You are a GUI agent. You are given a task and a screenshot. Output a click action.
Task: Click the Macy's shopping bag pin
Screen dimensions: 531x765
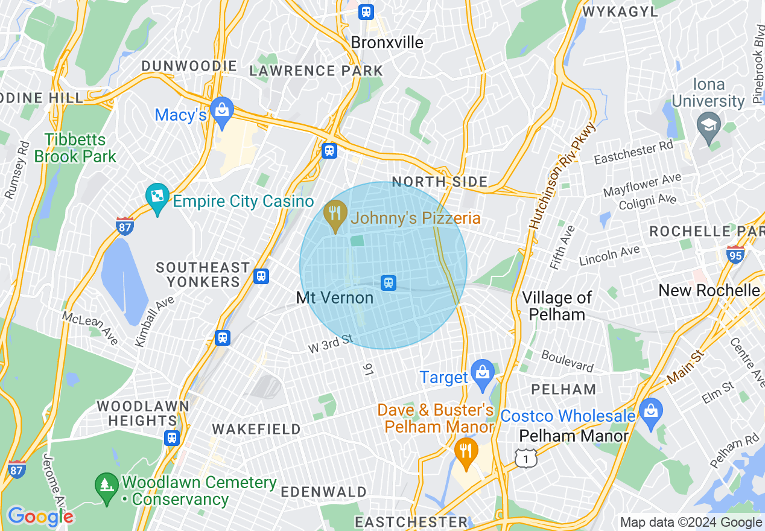coord(223,112)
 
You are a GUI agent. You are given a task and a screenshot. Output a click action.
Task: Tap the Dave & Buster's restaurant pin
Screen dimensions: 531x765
coord(466,452)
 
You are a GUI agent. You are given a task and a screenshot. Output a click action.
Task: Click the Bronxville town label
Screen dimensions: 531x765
coord(387,43)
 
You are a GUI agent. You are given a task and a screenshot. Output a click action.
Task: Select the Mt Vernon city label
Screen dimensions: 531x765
coord(335,298)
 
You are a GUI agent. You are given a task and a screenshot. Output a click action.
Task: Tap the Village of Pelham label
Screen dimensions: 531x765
coord(557,306)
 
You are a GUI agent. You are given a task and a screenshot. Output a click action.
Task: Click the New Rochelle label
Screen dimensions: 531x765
coord(709,290)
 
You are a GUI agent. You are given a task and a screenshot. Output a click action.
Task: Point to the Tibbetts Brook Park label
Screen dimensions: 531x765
coord(75,148)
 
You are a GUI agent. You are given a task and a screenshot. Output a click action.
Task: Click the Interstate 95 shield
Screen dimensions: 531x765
coord(735,253)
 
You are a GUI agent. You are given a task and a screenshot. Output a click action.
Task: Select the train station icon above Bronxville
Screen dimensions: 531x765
coord(366,12)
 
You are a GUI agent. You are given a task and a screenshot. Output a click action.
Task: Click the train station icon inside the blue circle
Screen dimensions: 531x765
coord(389,282)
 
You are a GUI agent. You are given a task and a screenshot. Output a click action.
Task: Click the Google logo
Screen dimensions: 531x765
coord(40,517)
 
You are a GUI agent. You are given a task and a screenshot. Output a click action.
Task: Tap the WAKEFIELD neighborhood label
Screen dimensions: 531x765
coord(256,429)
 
